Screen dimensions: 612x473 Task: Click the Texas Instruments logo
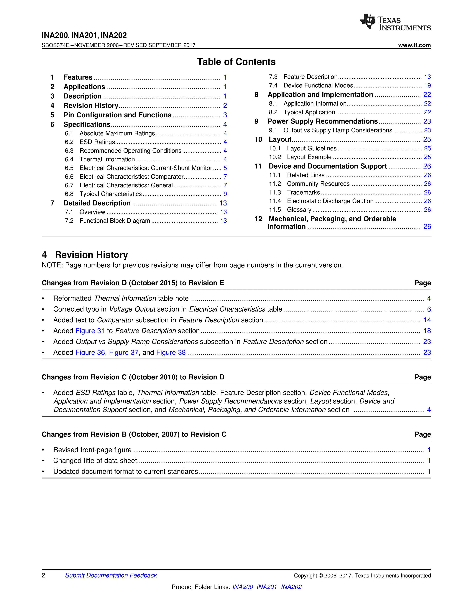tap(395, 22)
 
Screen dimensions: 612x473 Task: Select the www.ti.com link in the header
tap(414, 45)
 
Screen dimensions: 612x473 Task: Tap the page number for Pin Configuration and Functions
tap(225, 115)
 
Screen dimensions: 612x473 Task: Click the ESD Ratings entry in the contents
tap(97, 142)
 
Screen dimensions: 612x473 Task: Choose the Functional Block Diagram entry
tap(115, 221)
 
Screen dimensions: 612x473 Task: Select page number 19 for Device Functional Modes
tap(427, 85)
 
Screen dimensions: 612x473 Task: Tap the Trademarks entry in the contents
tap(303, 193)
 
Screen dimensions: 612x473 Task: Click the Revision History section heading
tap(91, 255)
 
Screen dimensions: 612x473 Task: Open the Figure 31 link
tap(90, 331)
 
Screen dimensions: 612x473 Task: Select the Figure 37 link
tap(124, 353)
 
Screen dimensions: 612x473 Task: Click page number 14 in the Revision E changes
tap(427, 320)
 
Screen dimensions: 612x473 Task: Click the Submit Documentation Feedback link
tap(111, 575)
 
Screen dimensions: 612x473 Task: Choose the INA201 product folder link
tap(267, 587)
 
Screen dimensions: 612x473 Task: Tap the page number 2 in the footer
tap(43, 575)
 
